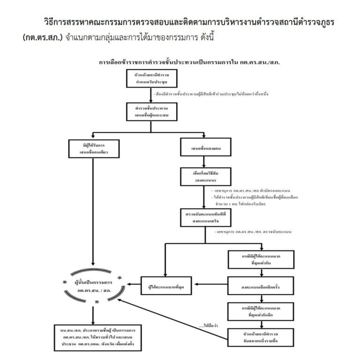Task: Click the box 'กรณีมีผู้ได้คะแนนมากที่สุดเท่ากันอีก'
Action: coord(261,310)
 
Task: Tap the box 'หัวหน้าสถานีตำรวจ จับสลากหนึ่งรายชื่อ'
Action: coord(261,337)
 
